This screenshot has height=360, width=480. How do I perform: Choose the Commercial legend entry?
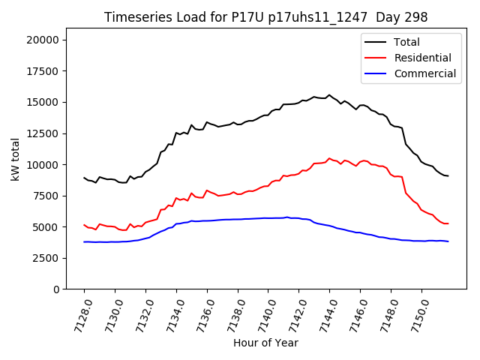click(x=424, y=73)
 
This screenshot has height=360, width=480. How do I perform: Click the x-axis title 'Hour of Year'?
click(x=265, y=343)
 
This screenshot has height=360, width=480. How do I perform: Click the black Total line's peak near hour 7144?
click(x=329, y=94)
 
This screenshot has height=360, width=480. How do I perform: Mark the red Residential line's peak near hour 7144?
click(x=329, y=158)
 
